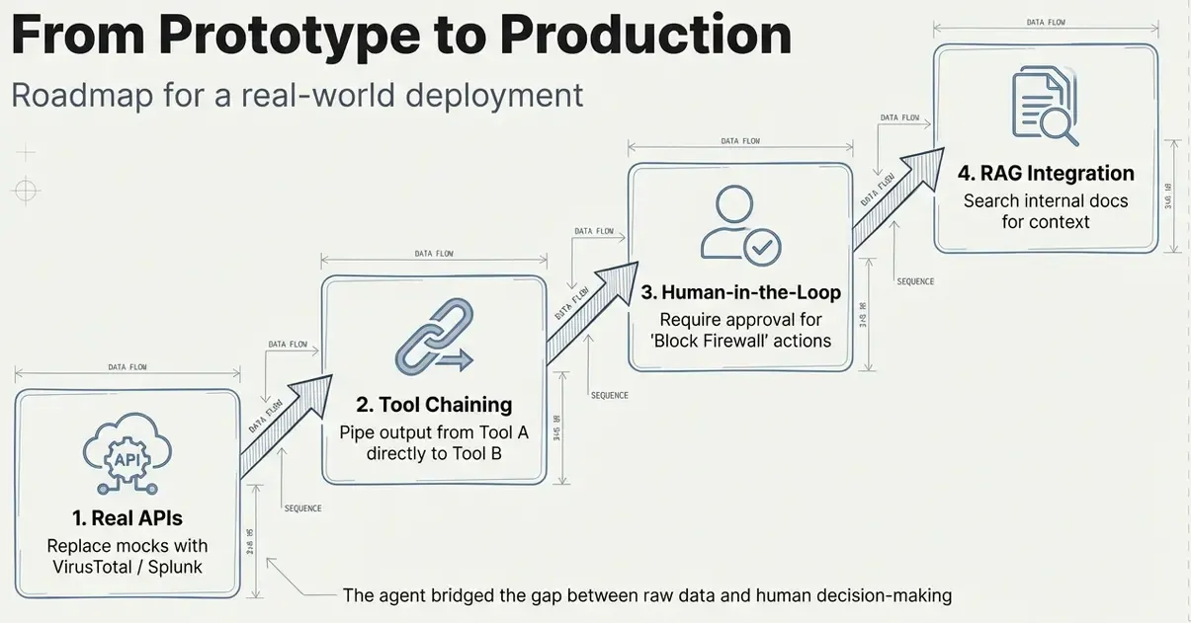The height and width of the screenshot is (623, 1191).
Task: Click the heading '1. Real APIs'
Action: click(128, 518)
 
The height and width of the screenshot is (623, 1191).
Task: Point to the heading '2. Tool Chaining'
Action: click(434, 404)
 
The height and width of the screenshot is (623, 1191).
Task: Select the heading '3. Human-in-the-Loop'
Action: click(740, 292)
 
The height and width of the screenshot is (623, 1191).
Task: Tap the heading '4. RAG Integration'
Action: click(1046, 174)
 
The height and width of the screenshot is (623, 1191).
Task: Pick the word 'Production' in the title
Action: click(644, 36)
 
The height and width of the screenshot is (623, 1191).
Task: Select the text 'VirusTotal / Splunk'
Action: click(128, 567)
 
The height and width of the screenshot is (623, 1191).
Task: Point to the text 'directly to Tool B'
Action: click(434, 454)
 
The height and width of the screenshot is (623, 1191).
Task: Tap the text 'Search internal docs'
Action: click(1046, 200)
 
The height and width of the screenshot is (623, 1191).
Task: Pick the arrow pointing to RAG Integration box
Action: click(893, 194)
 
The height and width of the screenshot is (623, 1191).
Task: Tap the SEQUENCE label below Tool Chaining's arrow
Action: click(609, 395)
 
